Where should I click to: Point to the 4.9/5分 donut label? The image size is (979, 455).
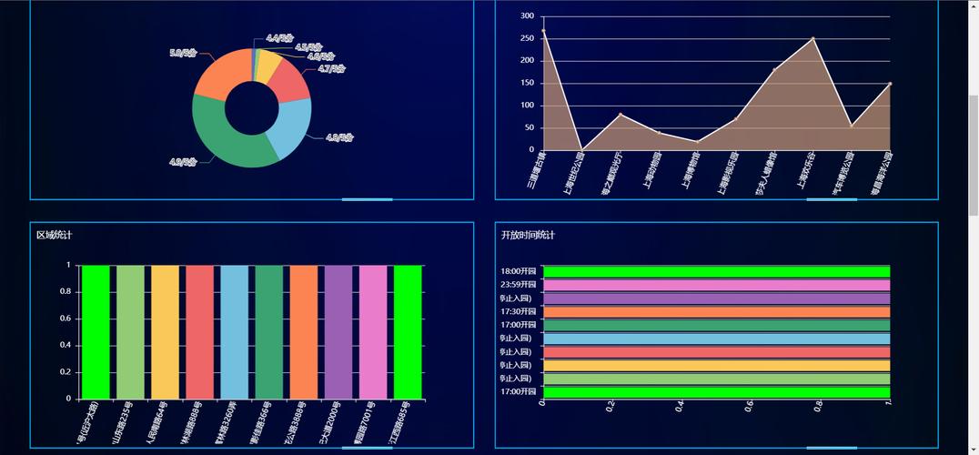click(183, 162)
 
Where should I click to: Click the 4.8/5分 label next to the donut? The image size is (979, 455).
click(338, 138)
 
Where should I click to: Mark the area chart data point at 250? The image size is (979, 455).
click(812, 38)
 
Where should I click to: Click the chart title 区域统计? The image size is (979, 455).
click(54, 236)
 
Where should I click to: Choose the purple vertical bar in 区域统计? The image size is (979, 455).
click(338, 332)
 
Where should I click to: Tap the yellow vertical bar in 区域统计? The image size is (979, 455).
click(165, 332)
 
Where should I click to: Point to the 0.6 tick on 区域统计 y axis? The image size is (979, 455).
click(66, 318)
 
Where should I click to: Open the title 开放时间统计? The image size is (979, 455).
click(528, 236)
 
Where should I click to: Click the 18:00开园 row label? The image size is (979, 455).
click(520, 271)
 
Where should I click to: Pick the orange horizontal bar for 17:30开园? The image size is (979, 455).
click(716, 311)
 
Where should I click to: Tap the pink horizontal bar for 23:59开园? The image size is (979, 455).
click(716, 285)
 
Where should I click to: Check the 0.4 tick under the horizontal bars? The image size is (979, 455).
click(681, 407)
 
